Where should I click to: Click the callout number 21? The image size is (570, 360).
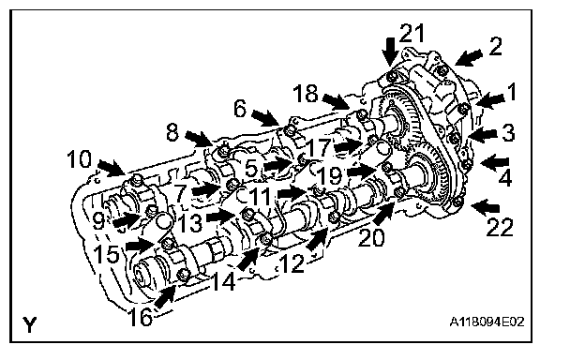coord(412,33)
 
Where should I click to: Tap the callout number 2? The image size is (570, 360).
coord(495,46)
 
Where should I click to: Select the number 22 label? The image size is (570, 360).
coord(500,227)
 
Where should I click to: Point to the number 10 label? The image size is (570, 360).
coord(80,159)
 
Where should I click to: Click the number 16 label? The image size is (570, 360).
coord(141,316)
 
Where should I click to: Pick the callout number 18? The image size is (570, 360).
coord(306,93)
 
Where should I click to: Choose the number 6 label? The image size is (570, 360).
coord(240,109)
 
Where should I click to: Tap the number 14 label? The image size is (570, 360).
coord(223,280)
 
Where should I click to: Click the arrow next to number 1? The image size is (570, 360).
coord(489,100)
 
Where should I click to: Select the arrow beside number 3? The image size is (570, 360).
coord(483,135)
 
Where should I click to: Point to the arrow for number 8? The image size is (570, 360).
coord(199,139)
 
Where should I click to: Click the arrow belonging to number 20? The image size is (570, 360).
coord(383,214)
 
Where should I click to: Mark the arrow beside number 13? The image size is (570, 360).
coord(221,217)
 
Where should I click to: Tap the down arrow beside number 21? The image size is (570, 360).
coord(390,52)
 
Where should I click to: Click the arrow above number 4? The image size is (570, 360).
coord(495,162)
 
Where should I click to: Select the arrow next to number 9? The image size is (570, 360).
coord(127,220)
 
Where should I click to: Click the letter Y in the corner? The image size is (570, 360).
coord(30,324)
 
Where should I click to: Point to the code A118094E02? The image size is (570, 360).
coord(487,322)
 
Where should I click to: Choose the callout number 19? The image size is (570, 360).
coord(330,175)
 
